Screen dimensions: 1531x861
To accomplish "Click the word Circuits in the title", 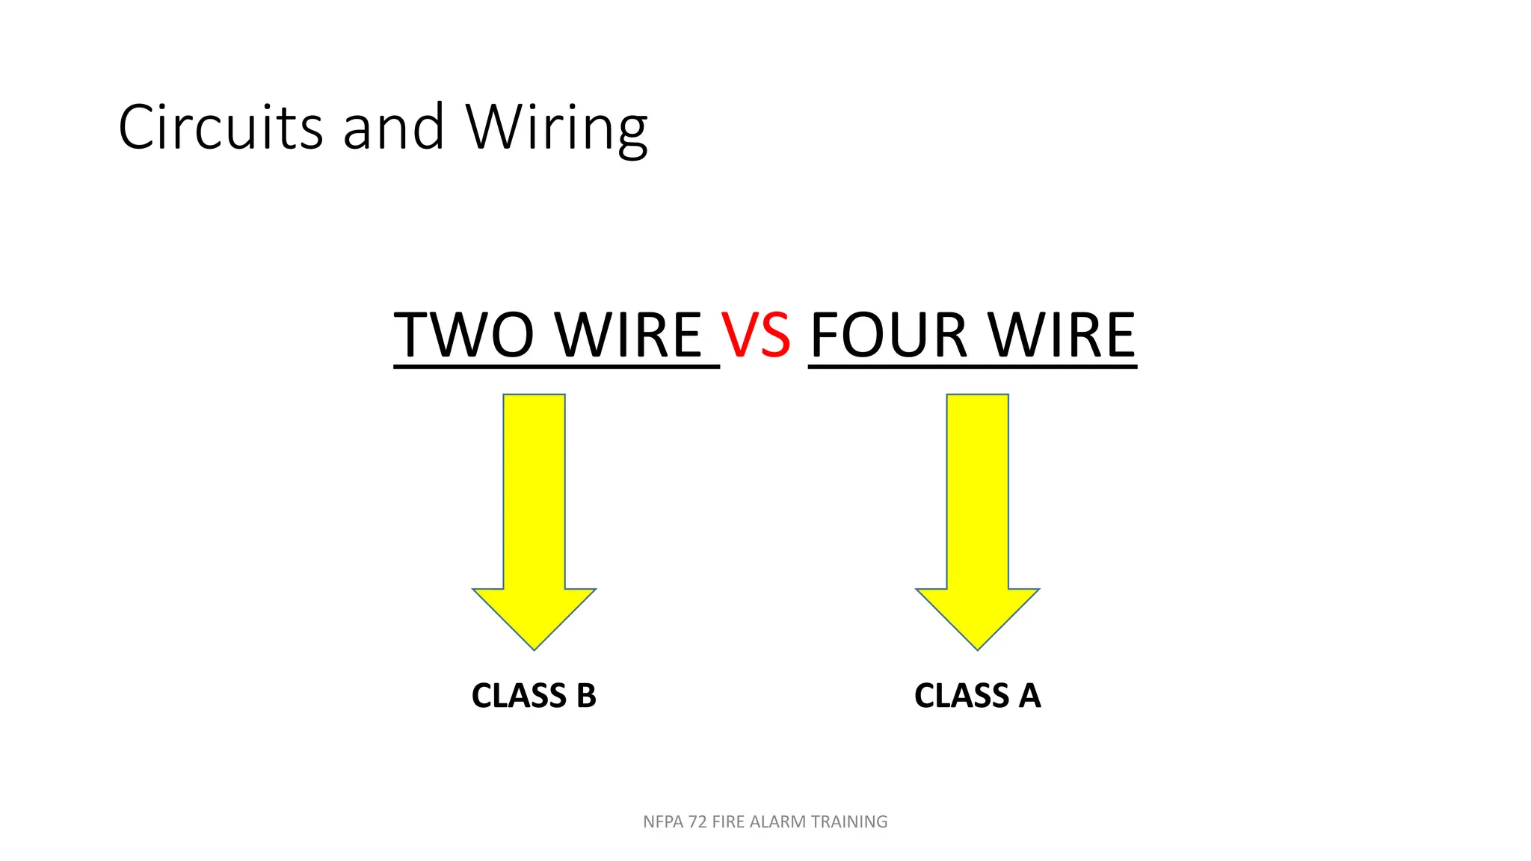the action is click(x=221, y=126).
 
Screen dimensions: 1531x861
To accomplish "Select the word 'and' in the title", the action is click(x=394, y=127).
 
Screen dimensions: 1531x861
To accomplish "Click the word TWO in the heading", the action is click(x=463, y=334).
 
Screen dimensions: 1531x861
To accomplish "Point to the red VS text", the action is click(x=756, y=334).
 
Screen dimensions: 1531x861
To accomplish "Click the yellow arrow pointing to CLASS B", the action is click(x=534, y=522).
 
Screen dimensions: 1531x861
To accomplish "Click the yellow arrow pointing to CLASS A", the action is click(x=978, y=522).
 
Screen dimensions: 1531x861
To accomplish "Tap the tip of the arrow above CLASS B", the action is click(x=534, y=649).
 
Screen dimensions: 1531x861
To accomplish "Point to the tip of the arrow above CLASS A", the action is click(x=978, y=649).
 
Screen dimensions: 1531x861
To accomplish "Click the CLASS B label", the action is click(x=534, y=696).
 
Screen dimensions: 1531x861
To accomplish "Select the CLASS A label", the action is click(x=978, y=696).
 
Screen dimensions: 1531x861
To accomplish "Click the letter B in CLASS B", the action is click(x=586, y=696).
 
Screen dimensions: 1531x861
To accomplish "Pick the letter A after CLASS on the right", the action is click(x=1029, y=696).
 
